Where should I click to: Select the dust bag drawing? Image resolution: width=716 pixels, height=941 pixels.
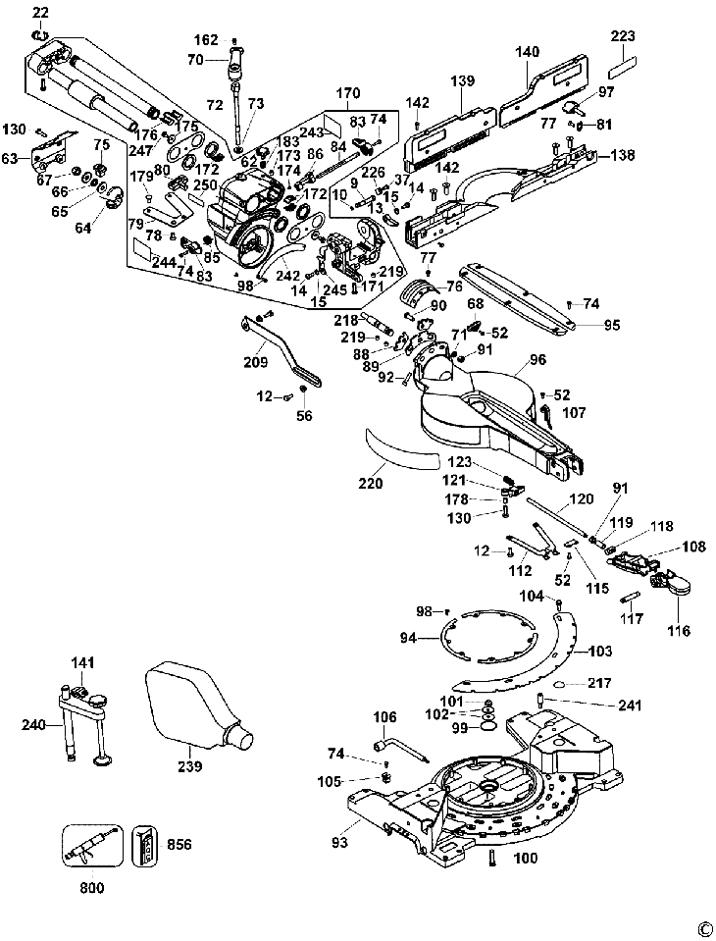[196, 711]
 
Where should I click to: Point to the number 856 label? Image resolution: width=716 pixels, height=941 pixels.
[179, 843]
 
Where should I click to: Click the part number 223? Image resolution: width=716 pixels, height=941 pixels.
[624, 36]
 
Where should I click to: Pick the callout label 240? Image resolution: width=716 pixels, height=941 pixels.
[33, 725]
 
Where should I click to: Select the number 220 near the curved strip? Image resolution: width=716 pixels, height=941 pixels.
[370, 483]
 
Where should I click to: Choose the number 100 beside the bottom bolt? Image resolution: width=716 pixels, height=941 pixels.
[526, 860]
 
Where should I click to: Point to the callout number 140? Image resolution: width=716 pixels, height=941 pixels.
[528, 51]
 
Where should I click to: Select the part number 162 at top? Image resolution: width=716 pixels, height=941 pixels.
[206, 40]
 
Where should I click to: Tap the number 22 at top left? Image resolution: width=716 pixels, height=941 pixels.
[39, 12]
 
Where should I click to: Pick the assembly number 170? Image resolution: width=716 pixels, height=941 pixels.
[348, 95]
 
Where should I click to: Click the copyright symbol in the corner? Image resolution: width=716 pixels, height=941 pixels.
[702, 928]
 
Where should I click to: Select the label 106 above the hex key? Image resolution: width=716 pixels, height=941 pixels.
[384, 716]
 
